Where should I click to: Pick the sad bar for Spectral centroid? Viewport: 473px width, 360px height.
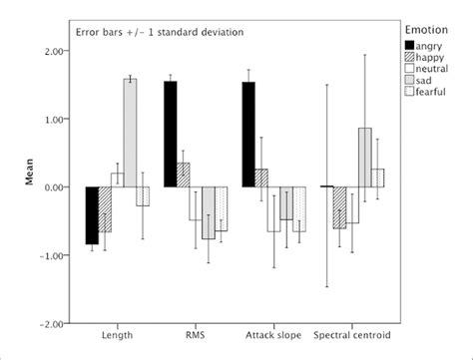tap(365, 158)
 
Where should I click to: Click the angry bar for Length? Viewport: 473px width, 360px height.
tap(92, 215)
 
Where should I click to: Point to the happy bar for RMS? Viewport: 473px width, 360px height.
tap(183, 175)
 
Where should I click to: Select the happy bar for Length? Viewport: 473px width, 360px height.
tap(105, 209)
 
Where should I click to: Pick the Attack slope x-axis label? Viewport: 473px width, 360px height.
tap(267, 336)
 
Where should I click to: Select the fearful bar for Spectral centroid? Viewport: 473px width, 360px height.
tap(378, 178)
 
